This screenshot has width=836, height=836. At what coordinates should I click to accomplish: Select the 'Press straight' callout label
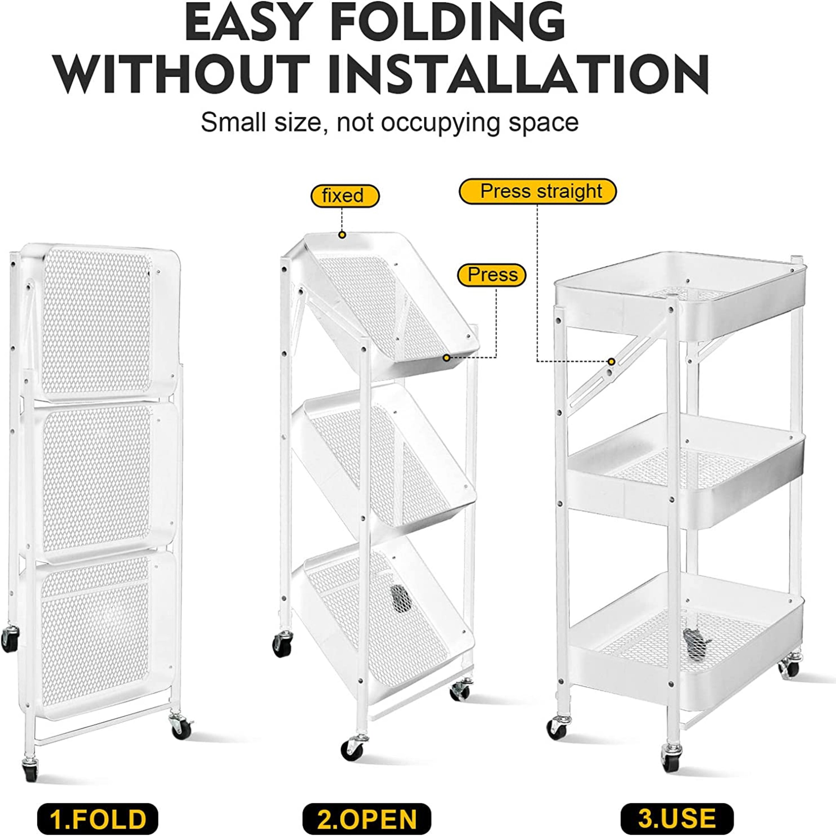pyautogui.click(x=537, y=191)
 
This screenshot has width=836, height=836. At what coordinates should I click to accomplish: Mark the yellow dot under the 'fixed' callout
pyautogui.click(x=342, y=235)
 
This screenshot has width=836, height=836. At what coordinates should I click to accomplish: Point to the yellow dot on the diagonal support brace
pyautogui.click(x=611, y=361)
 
